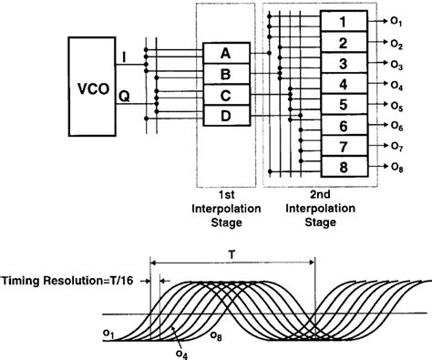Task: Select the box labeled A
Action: [x=225, y=54]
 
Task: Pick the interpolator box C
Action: [x=225, y=95]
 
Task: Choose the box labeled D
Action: [x=225, y=116]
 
